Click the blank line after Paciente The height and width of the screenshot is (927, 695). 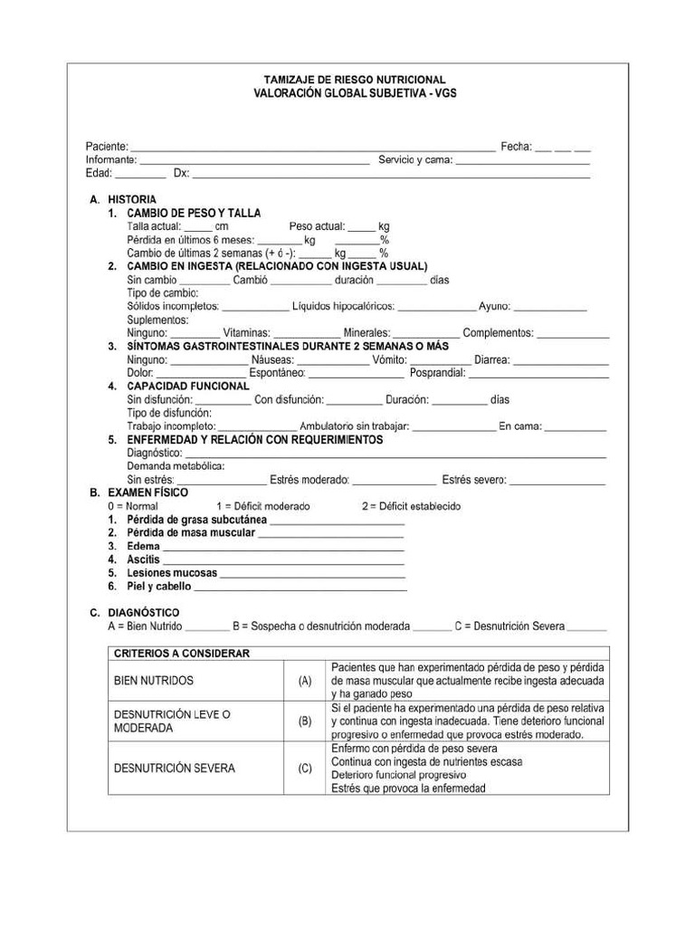(312, 148)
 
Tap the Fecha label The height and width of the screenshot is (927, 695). (516, 147)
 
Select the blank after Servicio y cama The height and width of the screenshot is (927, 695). (522, 161)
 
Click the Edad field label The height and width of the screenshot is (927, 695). (99, 174)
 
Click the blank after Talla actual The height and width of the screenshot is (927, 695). (198, 227)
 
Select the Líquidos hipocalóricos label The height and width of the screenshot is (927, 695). (343, 307)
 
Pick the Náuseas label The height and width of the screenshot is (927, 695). (272, 360)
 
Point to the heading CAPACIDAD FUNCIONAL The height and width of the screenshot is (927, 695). (187, 387)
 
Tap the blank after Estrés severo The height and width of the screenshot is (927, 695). (557, 482)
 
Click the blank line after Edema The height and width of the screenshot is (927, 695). (282, 548)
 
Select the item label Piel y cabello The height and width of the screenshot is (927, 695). (159, 587)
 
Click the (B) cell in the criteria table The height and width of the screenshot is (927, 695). (305, 722)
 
